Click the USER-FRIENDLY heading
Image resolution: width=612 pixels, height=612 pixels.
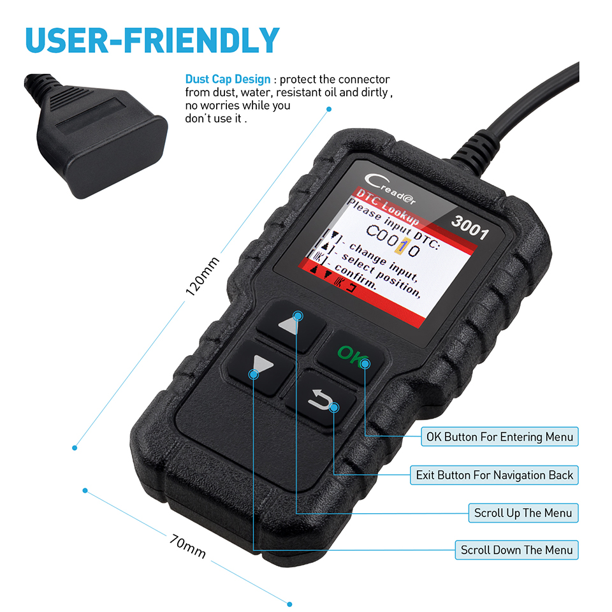[x=152, y=40]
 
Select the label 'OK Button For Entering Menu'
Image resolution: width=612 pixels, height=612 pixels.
[x=500, y=436]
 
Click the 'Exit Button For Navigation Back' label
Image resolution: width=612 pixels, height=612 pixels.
[x=494, y=475]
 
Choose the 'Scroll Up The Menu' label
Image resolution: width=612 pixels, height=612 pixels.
[x=523, y=513]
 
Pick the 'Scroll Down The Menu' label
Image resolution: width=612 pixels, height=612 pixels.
[x=516, y=550]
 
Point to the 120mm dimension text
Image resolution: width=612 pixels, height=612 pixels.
[x=202, y=276]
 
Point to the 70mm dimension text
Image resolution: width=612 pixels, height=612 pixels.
[x=187, y=546]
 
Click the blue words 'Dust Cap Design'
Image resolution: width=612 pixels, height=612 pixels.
[x=228, y=79]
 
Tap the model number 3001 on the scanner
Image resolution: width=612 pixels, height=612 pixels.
[x=470, y=228]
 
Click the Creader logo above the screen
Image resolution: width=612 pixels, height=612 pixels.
[x=389, y=188]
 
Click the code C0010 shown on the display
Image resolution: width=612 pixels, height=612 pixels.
[x=393, y=240]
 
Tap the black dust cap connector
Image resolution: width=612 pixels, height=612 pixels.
[x=96, y=136]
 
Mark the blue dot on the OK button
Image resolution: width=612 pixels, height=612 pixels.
[x=365, y=364]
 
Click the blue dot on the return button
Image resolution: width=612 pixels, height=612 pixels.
[x=333, y=408]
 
